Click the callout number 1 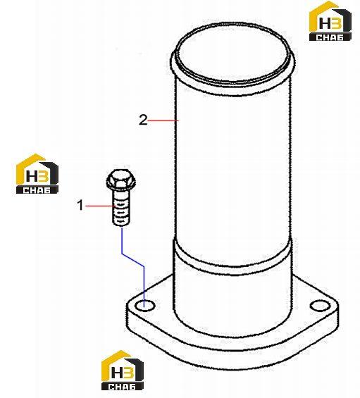[x=80, y=205]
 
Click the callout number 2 [x=143, y=120]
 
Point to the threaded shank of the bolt [x=120, y=209]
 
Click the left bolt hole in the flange [x=144, y=306]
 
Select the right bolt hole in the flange [x=321, y=305]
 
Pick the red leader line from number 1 [x=100, y=206]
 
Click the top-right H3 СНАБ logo [x=330, y=21]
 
